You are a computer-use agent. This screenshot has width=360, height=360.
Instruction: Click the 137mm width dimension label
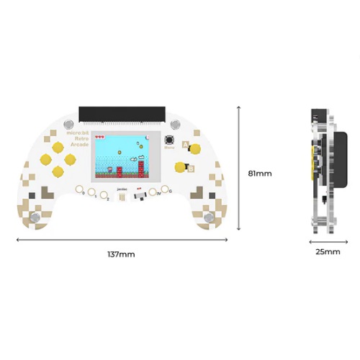click(x=120, y=254)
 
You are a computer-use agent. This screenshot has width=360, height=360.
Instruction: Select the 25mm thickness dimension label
click(x=327, y=252)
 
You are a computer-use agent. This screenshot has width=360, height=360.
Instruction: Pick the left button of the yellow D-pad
click(x=44, y=156)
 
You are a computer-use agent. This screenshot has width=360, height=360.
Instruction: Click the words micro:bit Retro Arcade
click(x=76, y=139)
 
